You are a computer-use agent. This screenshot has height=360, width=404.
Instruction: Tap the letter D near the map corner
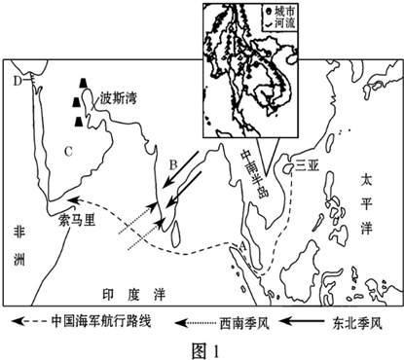coord(17,81)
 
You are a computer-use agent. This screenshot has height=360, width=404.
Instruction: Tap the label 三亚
coord(308,165)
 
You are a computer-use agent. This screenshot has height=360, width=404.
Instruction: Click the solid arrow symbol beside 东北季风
coord(312,320)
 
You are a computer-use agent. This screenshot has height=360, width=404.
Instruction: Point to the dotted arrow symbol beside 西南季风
coord(200,320)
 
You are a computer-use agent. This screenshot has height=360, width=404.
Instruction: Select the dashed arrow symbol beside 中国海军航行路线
coord(26,320)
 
